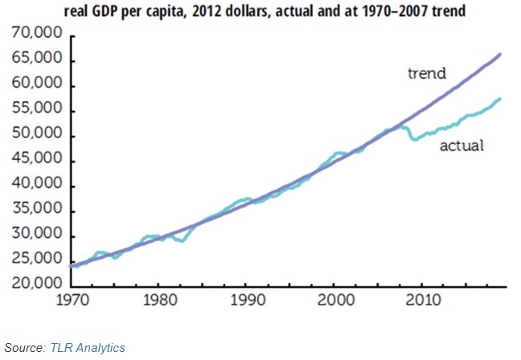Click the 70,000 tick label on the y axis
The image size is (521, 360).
click(39, 37)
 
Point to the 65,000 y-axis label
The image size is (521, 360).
click(39, 61)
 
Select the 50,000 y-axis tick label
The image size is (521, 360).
click(39, 136)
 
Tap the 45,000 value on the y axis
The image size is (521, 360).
click(39, 162)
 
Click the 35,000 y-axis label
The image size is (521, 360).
click(39, 211)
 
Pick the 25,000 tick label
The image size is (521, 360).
click(39, 260)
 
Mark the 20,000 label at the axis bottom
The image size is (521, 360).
click(39, 285)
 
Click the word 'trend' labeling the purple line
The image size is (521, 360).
click(426, 74)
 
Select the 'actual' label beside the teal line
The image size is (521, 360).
click(460, 146)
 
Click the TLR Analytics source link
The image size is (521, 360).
click(88, 347)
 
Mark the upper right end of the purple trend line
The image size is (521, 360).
click(500, 55)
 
